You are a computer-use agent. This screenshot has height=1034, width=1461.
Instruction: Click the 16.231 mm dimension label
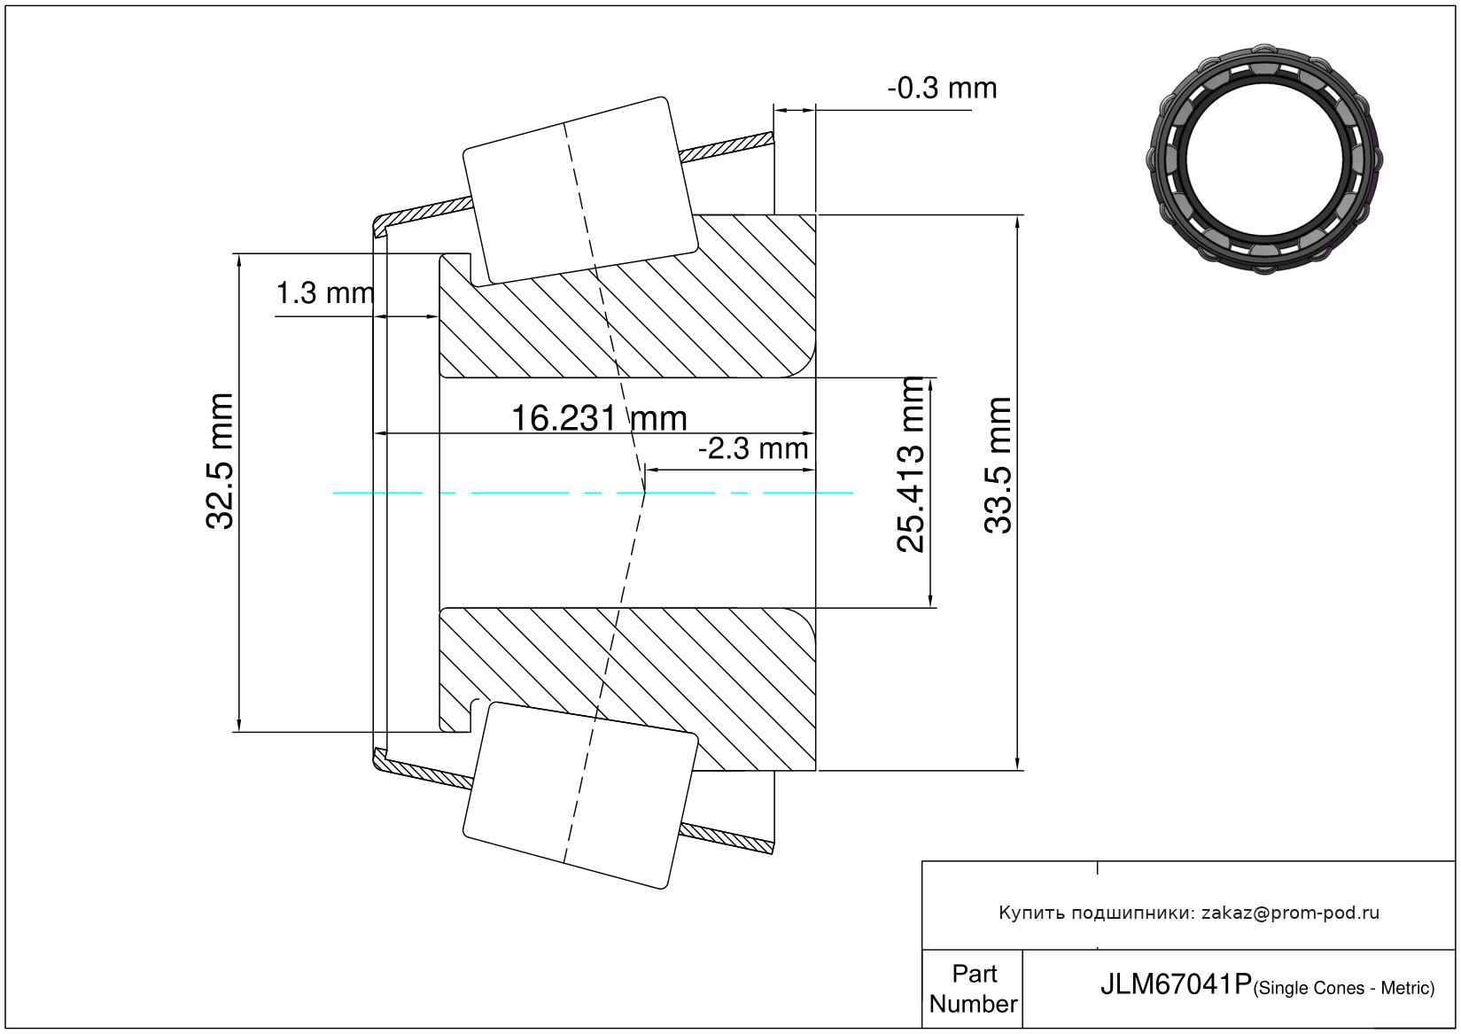point(599,417)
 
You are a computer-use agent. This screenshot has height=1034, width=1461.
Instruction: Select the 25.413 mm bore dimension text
point(911,465)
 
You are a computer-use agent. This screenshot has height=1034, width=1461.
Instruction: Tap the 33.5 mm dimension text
point(998,465)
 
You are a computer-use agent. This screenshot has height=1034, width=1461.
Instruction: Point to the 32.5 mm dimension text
point(219,462)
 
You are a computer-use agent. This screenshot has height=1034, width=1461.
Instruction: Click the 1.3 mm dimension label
point(325,293)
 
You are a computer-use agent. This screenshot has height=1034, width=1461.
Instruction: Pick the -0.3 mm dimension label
point(942,88)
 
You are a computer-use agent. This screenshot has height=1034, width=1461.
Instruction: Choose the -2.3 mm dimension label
point(753,449)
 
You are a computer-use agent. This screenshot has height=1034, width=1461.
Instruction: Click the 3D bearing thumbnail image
point(1264,159)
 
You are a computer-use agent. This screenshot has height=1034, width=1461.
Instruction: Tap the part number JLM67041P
point(1176,984)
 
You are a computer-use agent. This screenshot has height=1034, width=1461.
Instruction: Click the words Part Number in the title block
point(973,989)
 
